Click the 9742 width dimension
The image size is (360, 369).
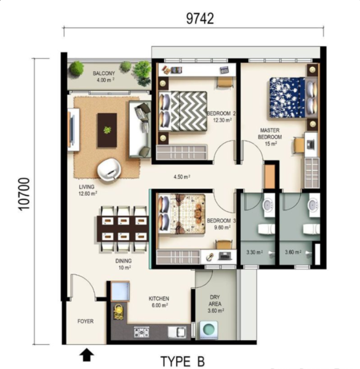[200, 18]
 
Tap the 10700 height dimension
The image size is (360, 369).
[24, 194]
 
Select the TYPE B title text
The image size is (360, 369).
[182, 361]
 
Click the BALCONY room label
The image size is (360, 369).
[104, 73]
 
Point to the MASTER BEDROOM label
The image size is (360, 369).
[270, 133]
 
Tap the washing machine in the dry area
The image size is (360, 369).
[209, 330]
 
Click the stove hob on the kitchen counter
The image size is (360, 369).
[142, 332]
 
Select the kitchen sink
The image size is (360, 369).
[177, 332]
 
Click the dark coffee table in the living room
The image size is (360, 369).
[107, 130]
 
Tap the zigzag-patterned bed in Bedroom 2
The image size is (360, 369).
[183, 111]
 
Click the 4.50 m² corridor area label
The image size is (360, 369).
[182, 177]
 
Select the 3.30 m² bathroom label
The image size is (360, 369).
[254, 252]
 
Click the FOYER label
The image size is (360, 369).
[86, 321]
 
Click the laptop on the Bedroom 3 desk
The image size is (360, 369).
[225, 256]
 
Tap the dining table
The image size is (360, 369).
[122, 229]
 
